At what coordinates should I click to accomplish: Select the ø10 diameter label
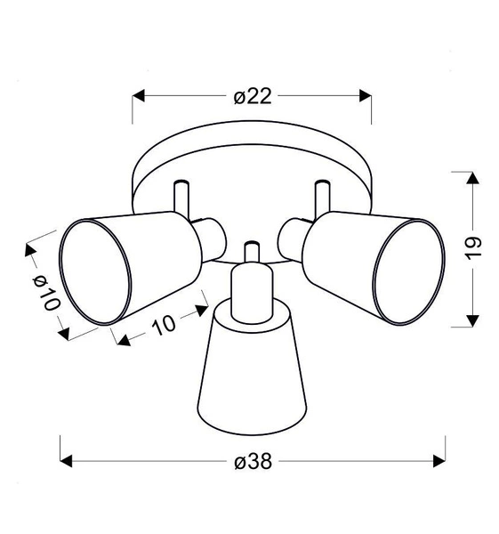point(44,289)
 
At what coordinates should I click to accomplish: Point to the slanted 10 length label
point(164,327)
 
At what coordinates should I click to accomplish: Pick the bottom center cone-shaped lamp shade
point(252,374)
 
